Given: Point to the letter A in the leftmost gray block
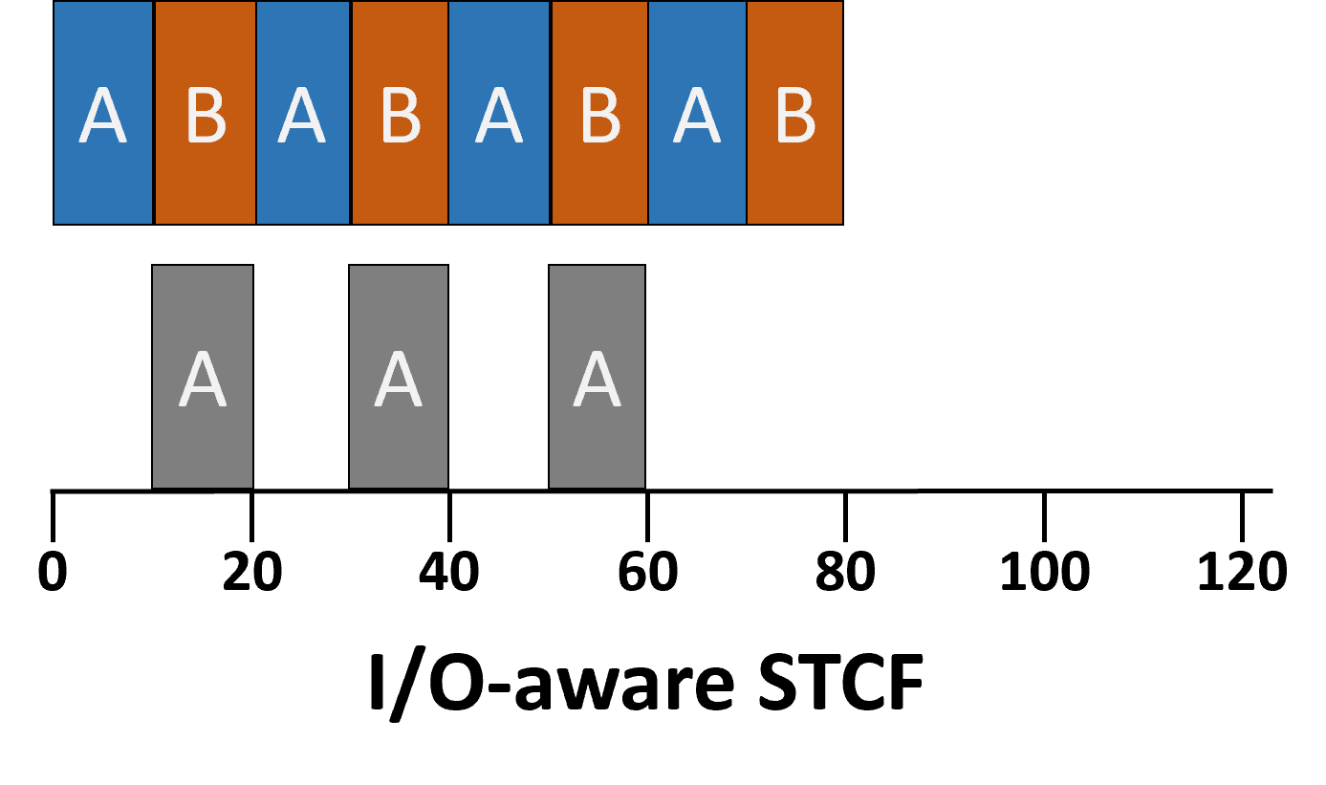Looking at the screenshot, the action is click(203, 380).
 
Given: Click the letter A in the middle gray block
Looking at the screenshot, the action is click(399, 380).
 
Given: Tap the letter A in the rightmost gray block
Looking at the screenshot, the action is click(597, 380).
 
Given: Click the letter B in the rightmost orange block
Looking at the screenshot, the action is click(794, 116).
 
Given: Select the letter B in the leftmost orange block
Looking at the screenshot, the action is click(206, 116).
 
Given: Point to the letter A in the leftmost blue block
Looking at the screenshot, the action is click(102, 116).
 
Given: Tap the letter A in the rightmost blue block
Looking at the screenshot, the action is click(696, 116).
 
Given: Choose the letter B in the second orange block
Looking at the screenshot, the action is click(400, 116).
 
